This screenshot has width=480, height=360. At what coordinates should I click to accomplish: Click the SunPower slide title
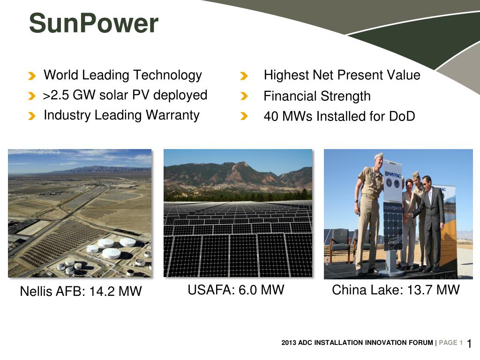tap(94, 23)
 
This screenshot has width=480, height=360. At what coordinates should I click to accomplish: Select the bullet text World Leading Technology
tap(122, 75)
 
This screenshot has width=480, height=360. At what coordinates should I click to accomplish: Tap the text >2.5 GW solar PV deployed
tap(125, 95)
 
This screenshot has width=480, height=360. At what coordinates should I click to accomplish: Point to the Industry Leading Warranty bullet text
tap(121, 115)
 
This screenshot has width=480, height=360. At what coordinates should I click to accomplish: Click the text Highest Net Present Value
tap(342, 75)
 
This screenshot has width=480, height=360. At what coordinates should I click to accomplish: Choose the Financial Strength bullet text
tap(317, 97)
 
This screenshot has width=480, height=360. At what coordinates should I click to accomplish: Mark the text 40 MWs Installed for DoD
tap(339, 116)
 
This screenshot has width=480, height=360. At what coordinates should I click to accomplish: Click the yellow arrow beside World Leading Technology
tap(31, 76)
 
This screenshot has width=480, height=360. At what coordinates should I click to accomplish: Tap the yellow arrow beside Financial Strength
tap(244, 97)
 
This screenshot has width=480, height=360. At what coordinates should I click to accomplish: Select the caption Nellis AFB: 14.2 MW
tap(81, 292)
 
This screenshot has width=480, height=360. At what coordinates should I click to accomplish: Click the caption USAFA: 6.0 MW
tap(236, 290)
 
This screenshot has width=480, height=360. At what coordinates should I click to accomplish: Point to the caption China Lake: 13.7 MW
tap(396, 290)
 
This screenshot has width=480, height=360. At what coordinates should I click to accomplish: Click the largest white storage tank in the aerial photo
tap(112, 253)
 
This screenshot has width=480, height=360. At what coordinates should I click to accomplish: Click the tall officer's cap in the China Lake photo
tap(378, 156)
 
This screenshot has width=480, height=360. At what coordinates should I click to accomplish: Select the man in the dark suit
tap(432, 220)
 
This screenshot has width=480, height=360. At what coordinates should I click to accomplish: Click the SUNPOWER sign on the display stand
tap(392, 206)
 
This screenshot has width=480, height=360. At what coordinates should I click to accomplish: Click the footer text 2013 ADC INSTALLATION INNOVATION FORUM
tap(357, 343)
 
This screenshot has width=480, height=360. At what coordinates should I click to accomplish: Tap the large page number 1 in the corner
tap(469, 344)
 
